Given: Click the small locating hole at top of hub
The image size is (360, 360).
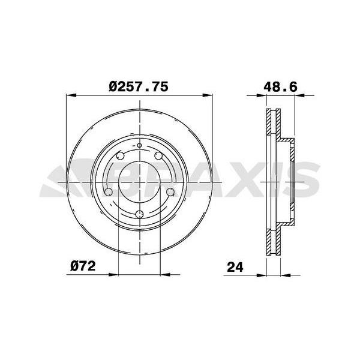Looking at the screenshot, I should (139, 145).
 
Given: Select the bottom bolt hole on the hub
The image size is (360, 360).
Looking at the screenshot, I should (139, 215).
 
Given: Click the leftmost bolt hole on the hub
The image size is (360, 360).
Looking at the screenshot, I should (109, 192).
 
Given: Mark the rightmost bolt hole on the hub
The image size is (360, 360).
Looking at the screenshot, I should (170, 192).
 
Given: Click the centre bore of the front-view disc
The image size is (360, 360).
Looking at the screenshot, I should (139, 180).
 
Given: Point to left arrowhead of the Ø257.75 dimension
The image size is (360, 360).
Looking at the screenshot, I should (70, 94).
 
